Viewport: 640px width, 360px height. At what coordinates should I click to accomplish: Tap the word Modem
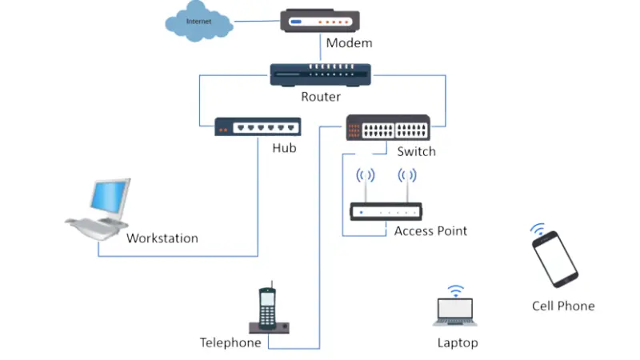(x=349, y=43)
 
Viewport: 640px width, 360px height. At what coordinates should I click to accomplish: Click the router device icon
(x=319, y=74)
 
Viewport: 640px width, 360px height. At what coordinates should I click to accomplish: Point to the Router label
(x=321, y=97)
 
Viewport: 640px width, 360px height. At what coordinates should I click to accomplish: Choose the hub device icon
(x=258, y=127)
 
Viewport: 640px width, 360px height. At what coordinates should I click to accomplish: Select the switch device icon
(x=388, y=128)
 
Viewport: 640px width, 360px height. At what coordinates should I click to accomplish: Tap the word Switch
(x=416, y=151)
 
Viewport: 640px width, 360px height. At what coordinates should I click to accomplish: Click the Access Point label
(x=430, y=231)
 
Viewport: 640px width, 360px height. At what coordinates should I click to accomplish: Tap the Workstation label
(x=162, y=238)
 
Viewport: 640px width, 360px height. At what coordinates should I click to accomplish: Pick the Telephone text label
(x=230, y=342)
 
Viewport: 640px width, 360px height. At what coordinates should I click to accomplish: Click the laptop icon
(x=455, y=313)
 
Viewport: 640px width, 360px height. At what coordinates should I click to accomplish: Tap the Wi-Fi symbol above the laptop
(x=455, y=290)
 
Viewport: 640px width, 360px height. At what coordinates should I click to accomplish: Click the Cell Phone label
(x=563, y=306)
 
